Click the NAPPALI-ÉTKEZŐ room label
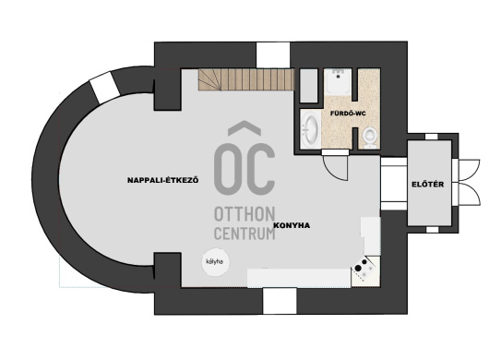(162, 180)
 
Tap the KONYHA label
(292, 225)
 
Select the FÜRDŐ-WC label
(348, 114)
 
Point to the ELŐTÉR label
(427, 184)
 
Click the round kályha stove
(215, 262)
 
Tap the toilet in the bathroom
(370, 138)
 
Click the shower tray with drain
(338, 81)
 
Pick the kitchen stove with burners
(365, 270)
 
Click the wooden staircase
(246, 79)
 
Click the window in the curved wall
(104, 88)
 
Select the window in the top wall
(273, 54)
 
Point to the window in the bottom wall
(280, 301)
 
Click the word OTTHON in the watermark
(244, 214)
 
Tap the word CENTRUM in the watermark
(244, 234)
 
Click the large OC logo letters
(244, 159)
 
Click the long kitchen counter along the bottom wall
(299, 278)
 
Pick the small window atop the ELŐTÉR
(431, 137)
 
